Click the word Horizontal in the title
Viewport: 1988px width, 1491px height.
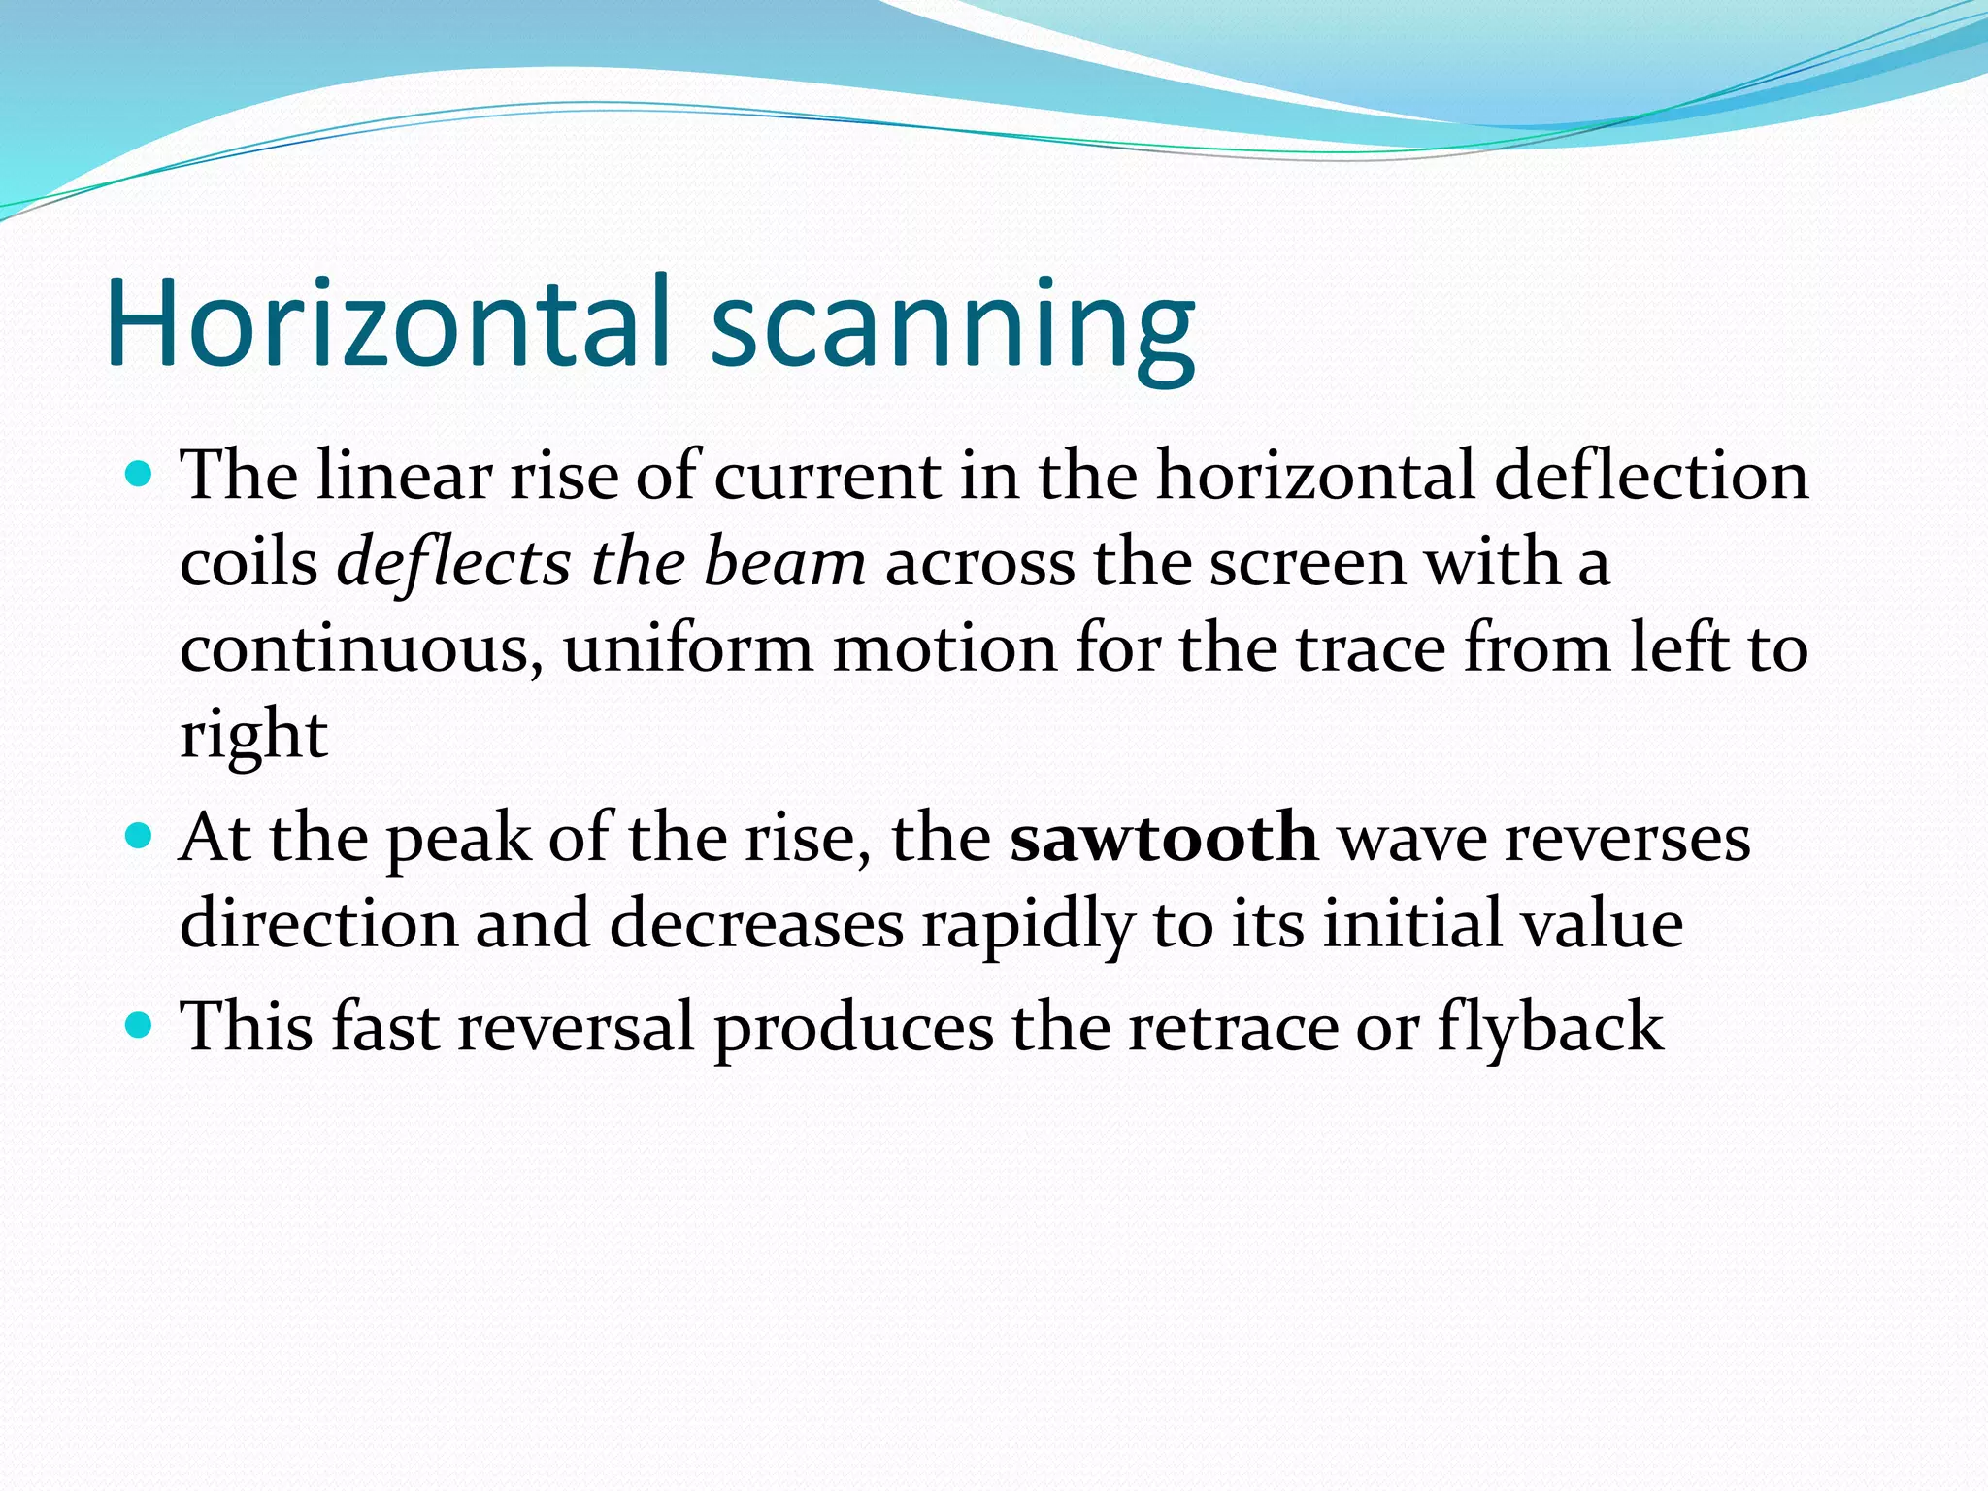388,322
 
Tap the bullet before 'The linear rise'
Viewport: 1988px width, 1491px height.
140,475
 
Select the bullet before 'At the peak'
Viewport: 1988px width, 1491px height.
140,835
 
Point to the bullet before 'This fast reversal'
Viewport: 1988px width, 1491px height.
140,1024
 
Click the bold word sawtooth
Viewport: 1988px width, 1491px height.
1163,837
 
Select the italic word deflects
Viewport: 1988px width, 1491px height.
452,563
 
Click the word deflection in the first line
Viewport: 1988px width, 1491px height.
1651,476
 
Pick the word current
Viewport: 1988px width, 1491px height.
827,478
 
